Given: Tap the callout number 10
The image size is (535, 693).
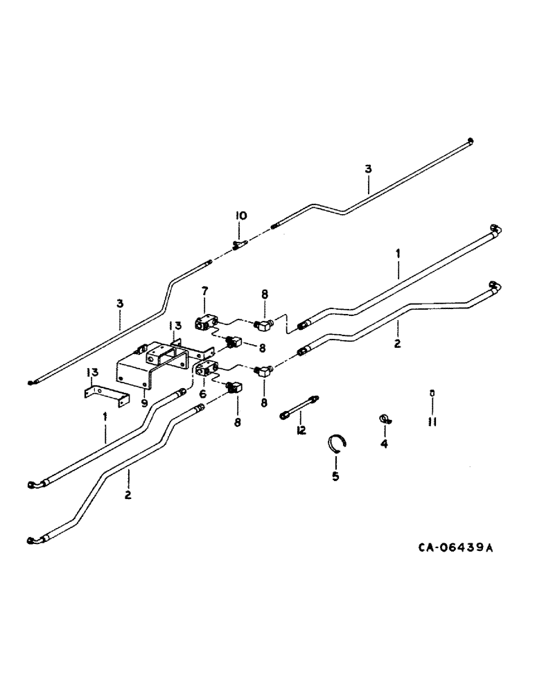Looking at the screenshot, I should [x=240, y=217].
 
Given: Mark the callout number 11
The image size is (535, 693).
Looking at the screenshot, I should [x=432, y=421].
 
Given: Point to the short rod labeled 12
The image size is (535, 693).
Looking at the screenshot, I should [x=299, y=407].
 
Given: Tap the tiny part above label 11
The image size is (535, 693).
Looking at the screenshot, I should [x=432, y=393].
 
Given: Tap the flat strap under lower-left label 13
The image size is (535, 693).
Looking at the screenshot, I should [x=105, y=396].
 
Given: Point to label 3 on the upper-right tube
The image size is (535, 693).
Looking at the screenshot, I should [x=368, y=168].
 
